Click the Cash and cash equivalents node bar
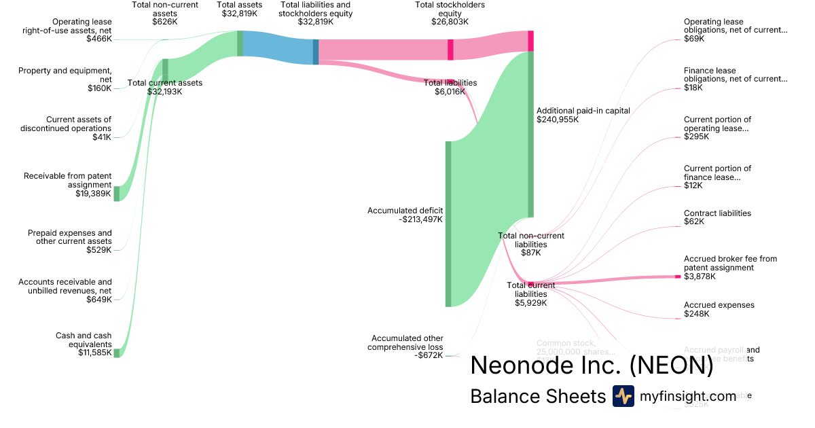coord(116,353)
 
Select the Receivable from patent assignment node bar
coord(116,194)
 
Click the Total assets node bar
coord(240,43)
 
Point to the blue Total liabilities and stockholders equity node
coord(316,52)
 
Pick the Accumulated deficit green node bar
coord(448,224)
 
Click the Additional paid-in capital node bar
coord(530,134)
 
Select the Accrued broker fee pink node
coord(677,277)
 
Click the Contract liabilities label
coord(717,213)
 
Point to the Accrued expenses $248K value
coord(697,314)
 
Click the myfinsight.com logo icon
coord(623,396)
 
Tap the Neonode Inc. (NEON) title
coord(592,365)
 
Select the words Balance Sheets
coord(537,396)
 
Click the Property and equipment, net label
coord(65,75)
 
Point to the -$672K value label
coord(429,355)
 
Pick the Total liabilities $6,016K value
coord(450,92)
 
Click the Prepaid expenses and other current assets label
coord(70,237)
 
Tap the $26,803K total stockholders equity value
coord(450,22)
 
